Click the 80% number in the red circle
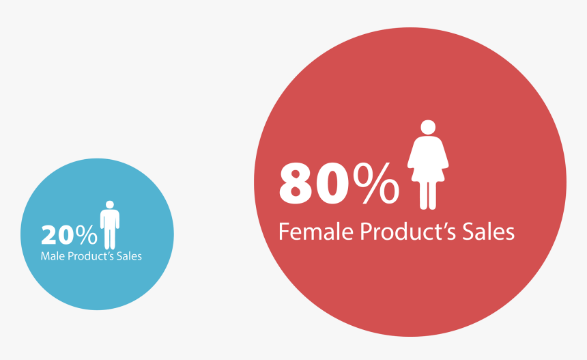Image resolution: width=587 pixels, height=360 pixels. (x=339, y=183)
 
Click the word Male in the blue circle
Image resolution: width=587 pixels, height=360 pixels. (x=52, y=256)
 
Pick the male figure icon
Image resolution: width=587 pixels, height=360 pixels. (x=109, y=225)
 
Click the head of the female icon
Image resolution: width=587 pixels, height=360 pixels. (x=428, y=127)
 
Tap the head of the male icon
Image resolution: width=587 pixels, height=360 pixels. (x=109, y=204)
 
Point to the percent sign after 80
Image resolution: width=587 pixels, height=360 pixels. (x=377, y=183)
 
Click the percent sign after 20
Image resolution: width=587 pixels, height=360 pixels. (x=86, y=234)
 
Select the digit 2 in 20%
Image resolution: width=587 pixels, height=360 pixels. (x=49, y=235)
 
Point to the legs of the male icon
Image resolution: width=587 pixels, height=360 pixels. (x=109, y=238)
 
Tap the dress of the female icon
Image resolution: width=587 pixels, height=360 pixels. (x=428, y=156)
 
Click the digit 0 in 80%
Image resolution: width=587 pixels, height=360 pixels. (x=332, y=183)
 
